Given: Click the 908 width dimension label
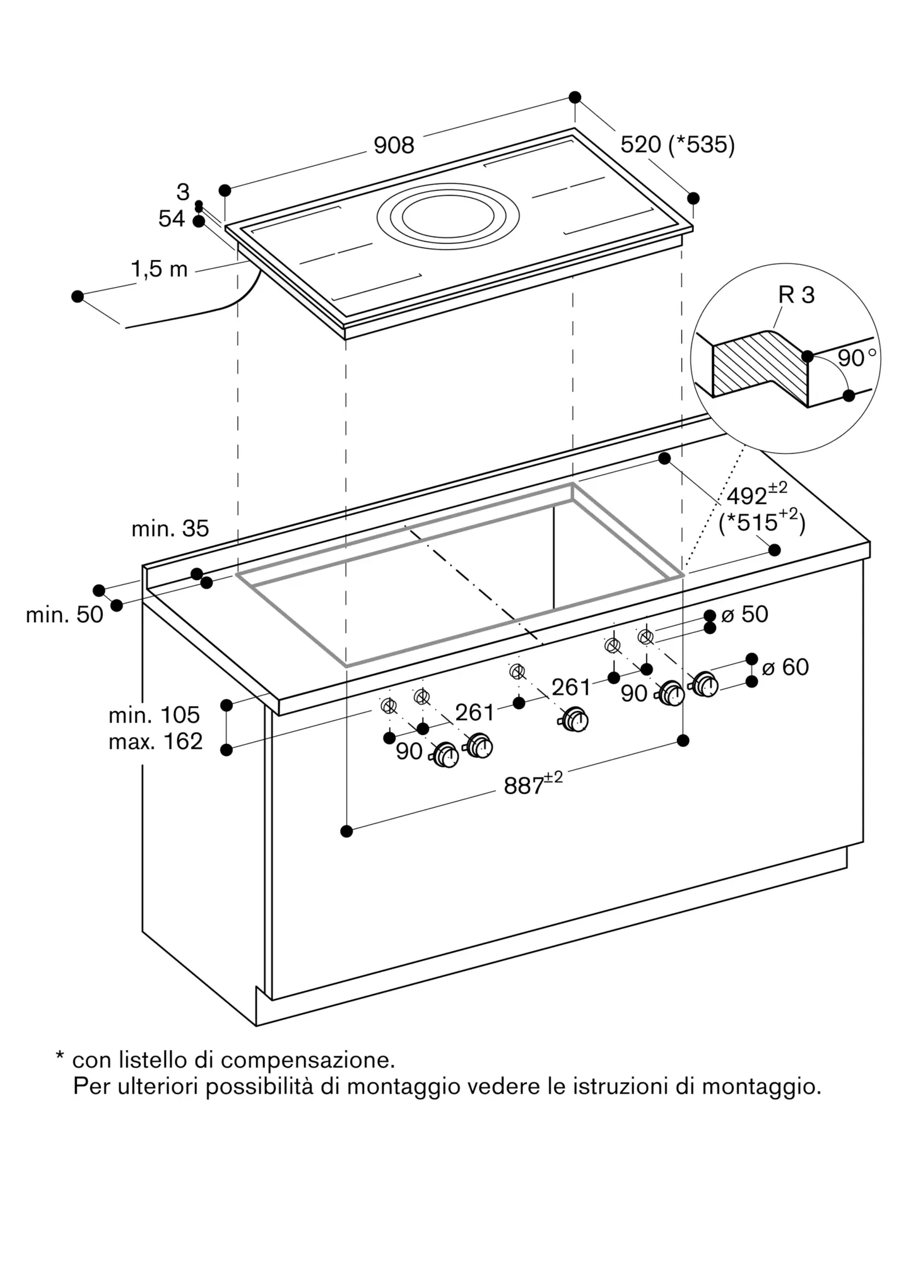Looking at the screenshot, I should (x=394, y=146).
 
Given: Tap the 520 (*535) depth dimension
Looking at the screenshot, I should (x=677, y=145).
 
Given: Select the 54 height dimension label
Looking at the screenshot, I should (x=171, y=219).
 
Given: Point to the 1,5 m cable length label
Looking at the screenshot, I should (x=159, y=269).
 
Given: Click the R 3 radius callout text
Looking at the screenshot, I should (x=796, y=295).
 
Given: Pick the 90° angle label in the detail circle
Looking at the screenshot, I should (x=856, y=358).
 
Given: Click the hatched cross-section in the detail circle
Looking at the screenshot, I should (x=760, y=366).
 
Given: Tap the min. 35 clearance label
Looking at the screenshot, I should (x=170, y=529).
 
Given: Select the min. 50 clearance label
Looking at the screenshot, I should (x=64, y=615).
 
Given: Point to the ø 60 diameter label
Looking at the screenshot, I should (x=785, y=667).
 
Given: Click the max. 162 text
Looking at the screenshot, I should (x=155, y=741).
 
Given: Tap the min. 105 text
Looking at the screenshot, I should (x=154, y=715).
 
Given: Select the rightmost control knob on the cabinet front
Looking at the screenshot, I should (x=705, y=685).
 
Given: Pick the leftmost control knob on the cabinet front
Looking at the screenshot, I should (x=446, y=755).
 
